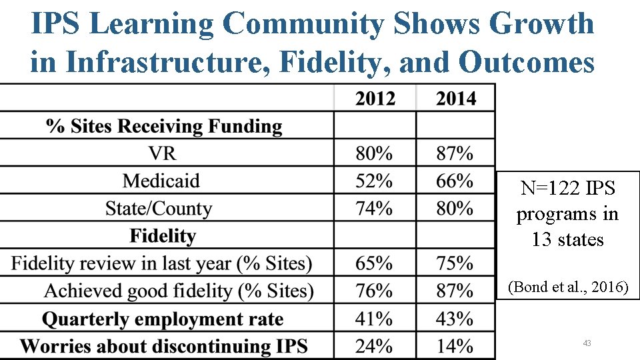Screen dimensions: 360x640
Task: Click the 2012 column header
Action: (375, 99)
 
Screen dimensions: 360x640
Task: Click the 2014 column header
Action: (456, 99)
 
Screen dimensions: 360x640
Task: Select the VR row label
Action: (163, 153)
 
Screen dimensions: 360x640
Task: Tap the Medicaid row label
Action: (161, 181)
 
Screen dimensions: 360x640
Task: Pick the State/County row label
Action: (158, 209)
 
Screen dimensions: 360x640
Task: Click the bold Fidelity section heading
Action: (163, 236)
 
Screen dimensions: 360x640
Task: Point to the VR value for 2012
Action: (373, 153)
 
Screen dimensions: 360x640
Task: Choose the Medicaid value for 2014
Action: (455, 181)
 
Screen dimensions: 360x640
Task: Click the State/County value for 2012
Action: (373, 209)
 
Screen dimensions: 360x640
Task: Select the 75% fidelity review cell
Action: (455, 263)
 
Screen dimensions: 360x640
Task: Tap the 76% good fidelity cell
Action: (373, 291)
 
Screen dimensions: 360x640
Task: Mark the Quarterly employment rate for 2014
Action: (455, 319)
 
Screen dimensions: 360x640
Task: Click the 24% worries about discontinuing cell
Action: (373, 346)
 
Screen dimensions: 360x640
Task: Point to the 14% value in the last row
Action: (455, 346)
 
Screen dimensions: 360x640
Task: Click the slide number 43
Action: (587, 343)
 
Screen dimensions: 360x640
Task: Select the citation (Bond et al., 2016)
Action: (567, 287)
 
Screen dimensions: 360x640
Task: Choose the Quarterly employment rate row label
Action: (163, 319)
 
